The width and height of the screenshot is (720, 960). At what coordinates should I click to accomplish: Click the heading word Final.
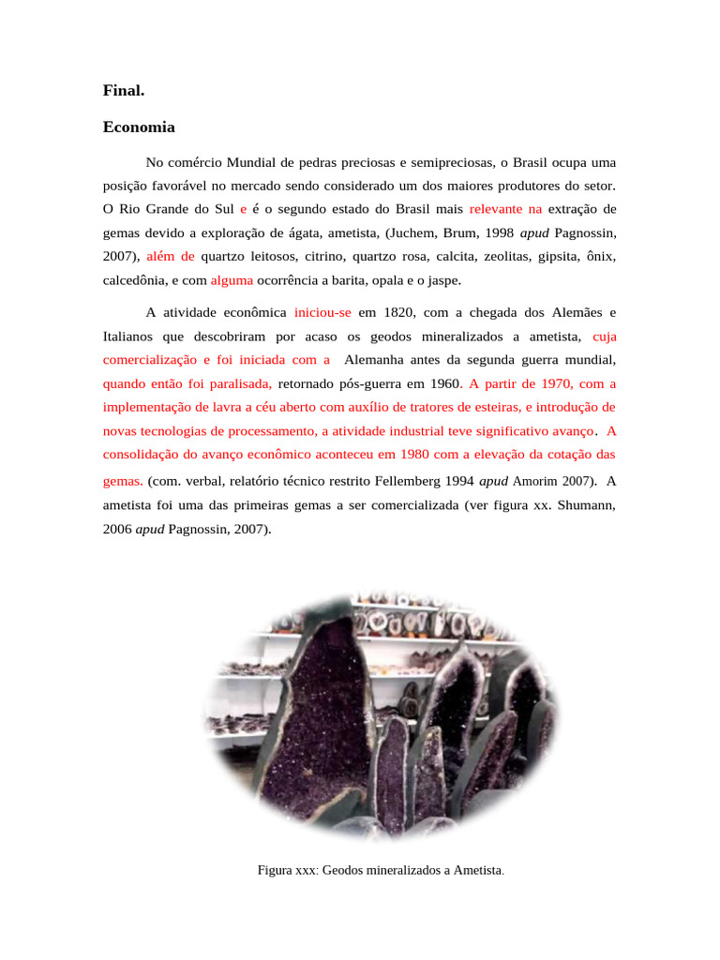(x=124, y=92)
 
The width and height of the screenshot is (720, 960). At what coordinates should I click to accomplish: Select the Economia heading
(x=139, y=127)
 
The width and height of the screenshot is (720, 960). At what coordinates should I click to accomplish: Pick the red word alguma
(x=232, y=279)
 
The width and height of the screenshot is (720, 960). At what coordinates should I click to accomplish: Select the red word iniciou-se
(x=322, y=312)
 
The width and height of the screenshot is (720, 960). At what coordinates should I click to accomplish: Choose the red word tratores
(x=434, y=407)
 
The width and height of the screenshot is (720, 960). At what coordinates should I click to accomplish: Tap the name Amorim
(x=536, y=482)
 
